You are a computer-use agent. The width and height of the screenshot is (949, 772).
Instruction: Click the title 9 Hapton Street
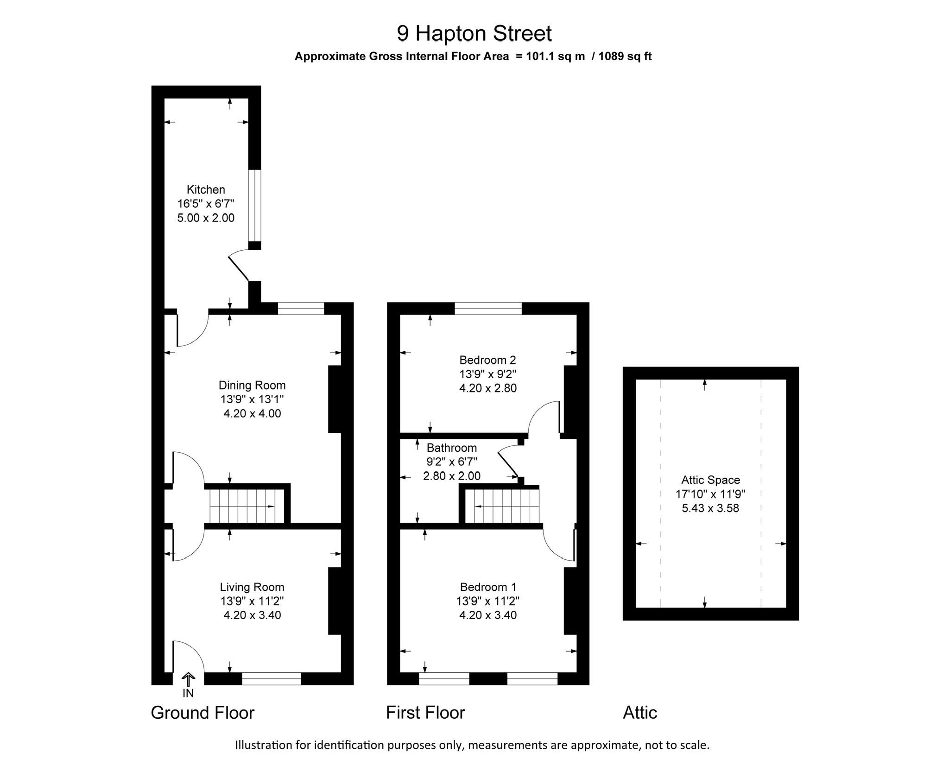tap(474, 33)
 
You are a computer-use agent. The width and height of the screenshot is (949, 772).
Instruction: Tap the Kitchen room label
tap(206, 190)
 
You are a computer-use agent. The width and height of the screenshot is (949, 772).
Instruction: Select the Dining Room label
tap(252, 385)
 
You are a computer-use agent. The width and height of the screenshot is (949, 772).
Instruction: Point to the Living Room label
tap(252, 587)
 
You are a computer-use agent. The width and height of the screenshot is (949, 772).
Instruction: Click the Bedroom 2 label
tap(487, 360)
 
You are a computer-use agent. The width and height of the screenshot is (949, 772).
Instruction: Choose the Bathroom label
tap(452, 448)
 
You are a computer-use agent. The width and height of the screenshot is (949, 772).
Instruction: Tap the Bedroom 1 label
tap(488, 587)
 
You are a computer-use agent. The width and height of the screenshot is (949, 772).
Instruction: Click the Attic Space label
tap(710, 480)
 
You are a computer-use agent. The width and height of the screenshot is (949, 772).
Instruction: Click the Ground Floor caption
tap(202, 713)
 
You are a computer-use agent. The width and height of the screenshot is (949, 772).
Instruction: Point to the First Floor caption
tap(425, 713)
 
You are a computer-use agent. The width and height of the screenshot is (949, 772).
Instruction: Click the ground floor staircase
tap(247, 506)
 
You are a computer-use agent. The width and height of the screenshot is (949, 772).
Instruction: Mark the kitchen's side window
tap(254, 206)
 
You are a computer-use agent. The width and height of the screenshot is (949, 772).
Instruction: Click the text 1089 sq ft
tap(625, 57)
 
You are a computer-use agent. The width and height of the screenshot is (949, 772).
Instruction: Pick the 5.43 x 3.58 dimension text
tap(710, 508)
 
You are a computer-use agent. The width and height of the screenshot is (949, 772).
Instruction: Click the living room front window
tap(272, 678)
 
